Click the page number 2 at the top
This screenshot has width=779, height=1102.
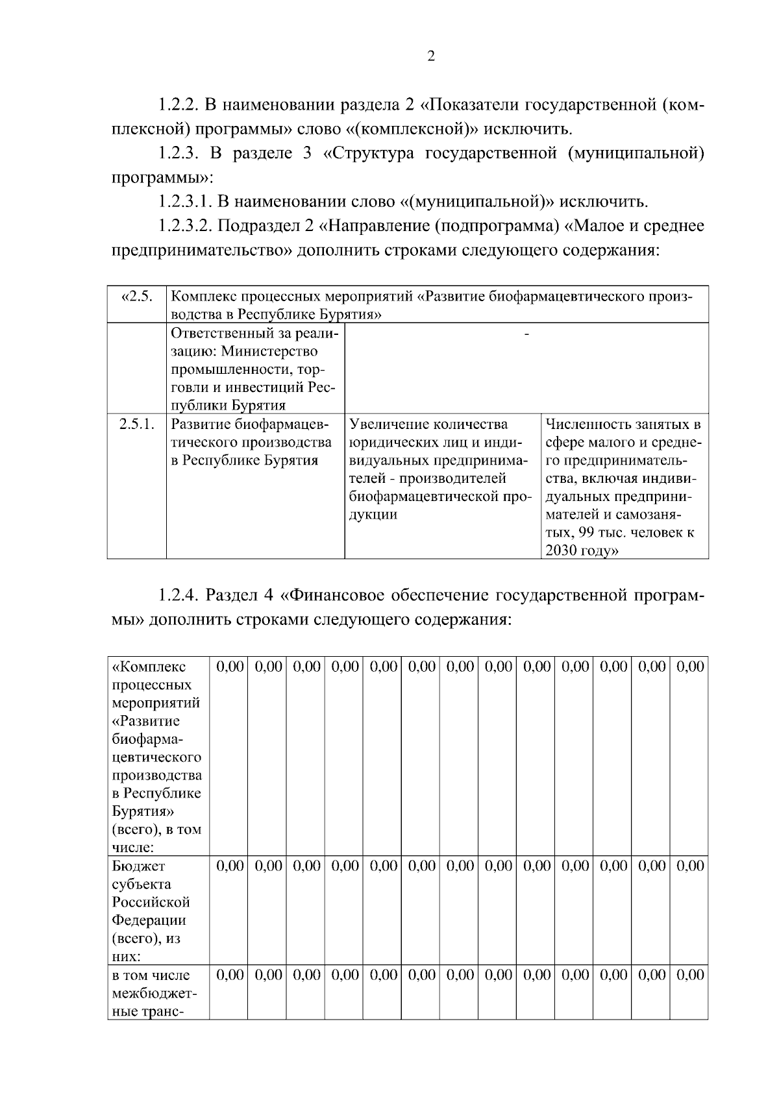(x=431, y=56)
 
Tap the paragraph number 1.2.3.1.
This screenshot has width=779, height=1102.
(x=185, y=202)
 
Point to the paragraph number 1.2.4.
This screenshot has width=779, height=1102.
(x=179, y=594)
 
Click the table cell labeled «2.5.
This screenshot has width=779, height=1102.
(x=137, y=297)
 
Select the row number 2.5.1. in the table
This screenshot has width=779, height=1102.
(x=137, y=424)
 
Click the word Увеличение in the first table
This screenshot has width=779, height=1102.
(x=388, y=424)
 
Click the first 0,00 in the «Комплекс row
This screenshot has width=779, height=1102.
(x=230, y=667)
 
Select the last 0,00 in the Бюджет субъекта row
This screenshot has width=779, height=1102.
(x=689, y=866)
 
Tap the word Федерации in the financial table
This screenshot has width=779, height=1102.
(x=149, y=920)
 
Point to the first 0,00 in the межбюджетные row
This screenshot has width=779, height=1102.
(x=230, y=975)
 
